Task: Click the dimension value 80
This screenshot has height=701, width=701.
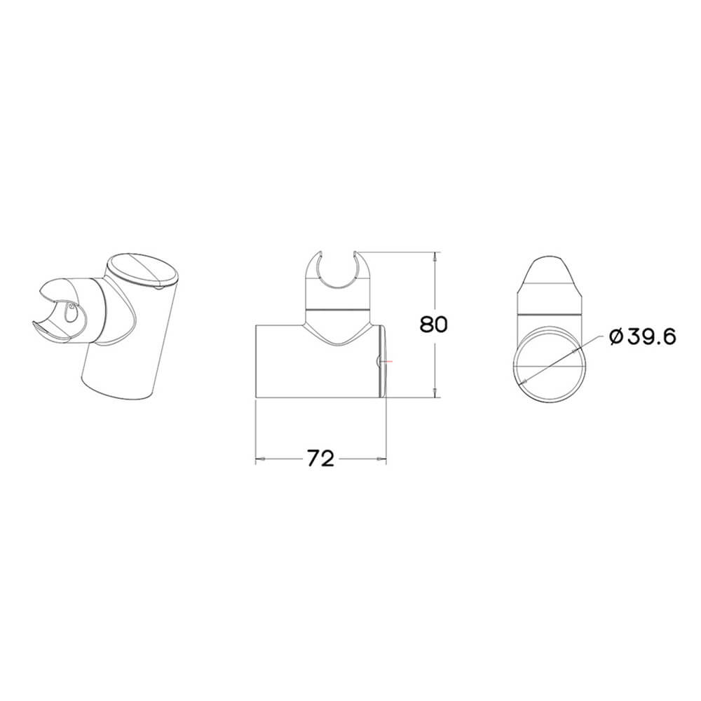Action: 433,325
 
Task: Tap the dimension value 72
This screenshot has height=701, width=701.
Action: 319,459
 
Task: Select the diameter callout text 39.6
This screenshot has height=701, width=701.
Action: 650,338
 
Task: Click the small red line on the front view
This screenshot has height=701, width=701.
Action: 388,361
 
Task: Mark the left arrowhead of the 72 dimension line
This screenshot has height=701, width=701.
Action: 259,459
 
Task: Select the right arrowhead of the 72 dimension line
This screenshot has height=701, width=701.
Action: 382,459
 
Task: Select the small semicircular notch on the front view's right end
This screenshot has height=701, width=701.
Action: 379,361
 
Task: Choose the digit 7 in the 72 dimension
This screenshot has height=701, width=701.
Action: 313,459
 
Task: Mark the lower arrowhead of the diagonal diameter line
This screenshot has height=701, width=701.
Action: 525,380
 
